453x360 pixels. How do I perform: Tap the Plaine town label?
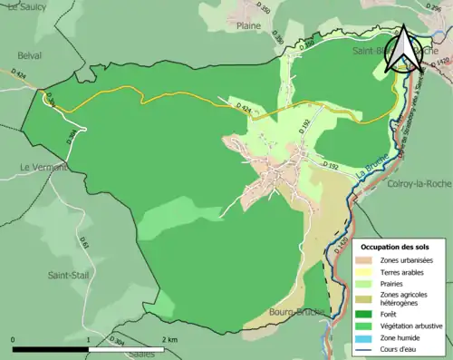248,27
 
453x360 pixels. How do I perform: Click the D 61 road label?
84,243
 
